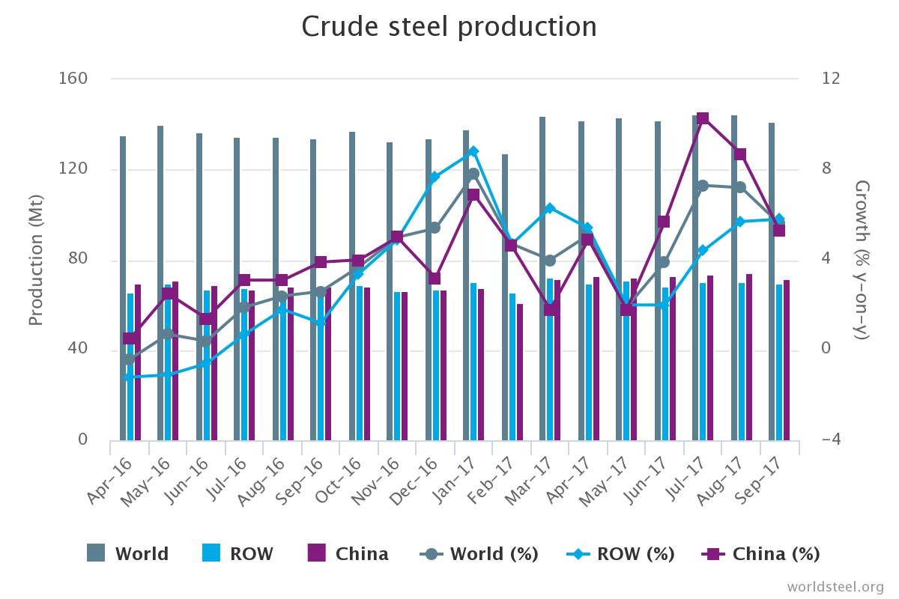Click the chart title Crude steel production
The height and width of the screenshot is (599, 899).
[449, 27]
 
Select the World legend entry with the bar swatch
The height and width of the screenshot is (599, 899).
[128, 554]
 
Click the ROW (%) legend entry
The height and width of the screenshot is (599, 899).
[620, 554]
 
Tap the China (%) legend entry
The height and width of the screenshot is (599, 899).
[761, 554]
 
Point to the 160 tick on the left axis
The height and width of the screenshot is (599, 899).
[73, 79]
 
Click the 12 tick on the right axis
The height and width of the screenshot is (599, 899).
[831, 79]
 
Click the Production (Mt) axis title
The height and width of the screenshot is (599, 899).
[35, 260]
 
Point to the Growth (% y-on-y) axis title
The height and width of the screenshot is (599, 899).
[862, 259]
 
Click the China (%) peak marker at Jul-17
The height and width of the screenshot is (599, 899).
[703, 118]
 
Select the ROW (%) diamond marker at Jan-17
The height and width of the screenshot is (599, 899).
[473, 151]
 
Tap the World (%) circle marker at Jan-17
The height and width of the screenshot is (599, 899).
[473, 174]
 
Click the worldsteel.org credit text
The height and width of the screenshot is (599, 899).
[835, 586]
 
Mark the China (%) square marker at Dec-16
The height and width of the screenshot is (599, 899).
[435, 279]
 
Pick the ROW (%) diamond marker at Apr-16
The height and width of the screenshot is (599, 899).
[129, 377]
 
